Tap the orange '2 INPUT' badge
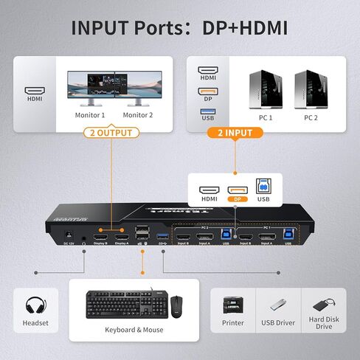[x=235, y=134]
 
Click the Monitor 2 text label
[x=138, y=115]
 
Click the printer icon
[x=232, y=305]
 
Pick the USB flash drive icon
[x=278, y=304]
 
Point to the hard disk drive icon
[x=324, y=303]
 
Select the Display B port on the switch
[x=101, y=237]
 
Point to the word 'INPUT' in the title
[x=105, y=28]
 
